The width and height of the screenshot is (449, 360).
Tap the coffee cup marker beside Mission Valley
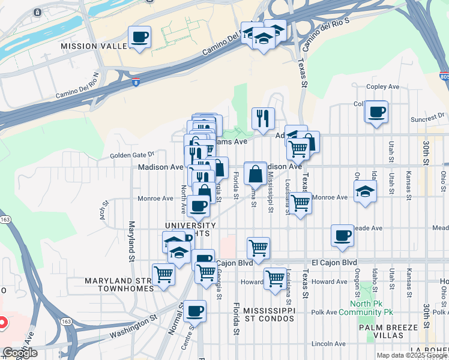[139, 38]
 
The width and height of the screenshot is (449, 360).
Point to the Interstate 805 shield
[443, 76]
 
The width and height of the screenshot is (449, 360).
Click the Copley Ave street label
[382, 87]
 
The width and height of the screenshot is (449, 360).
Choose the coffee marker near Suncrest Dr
[377, 112]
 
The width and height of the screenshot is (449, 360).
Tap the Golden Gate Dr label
[132, 155]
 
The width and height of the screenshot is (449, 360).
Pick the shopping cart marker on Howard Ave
[275, 278]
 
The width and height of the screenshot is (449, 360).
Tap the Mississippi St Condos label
[270, 314]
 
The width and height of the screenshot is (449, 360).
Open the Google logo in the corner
[20, 353]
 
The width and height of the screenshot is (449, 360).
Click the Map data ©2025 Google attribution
[411, 355]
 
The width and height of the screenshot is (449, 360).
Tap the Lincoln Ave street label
[328, 344]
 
